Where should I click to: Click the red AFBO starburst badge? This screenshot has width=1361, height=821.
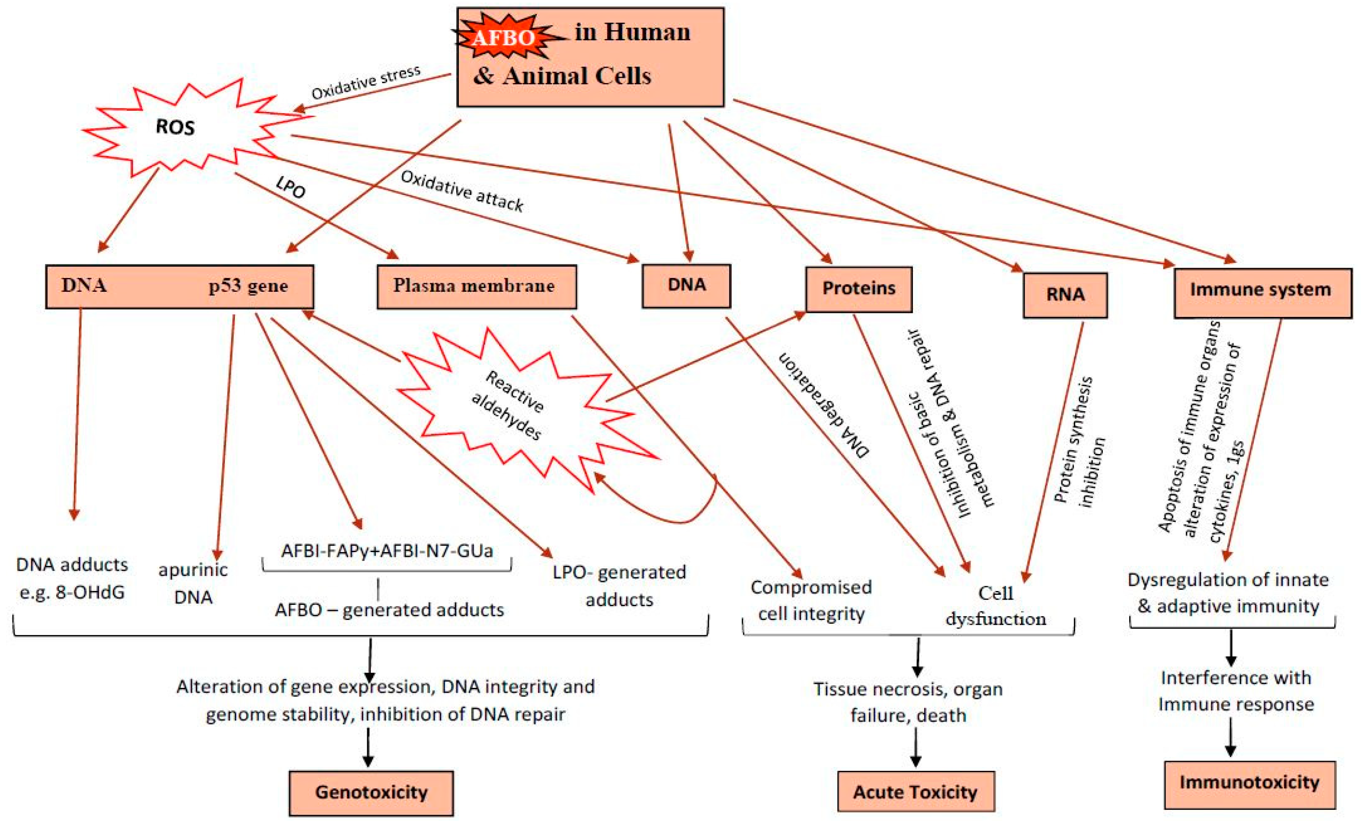(x=503, y=38)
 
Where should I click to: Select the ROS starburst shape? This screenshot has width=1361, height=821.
(x=176, y=128)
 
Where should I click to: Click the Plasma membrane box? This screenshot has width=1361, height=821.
(x=476, y=286)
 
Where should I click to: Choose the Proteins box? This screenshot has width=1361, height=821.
(x=858, y=289)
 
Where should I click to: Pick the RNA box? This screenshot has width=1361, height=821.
(x=1064, y=295)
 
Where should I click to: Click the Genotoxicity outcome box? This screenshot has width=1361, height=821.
(x=371, y=792)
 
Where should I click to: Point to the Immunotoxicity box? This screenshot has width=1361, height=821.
(x=1249, y=783)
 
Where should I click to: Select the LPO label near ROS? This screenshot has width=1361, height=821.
(x=291, y=187)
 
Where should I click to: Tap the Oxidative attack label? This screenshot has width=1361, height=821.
(x=462, y=191)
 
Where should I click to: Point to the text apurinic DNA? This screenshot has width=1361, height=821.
(x=193, y=583)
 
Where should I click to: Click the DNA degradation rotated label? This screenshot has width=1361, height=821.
(x=824, y=404)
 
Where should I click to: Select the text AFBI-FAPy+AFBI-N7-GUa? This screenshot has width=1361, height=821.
(x=387, y=551)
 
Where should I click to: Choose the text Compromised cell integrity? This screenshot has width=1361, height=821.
(x=811, y=600)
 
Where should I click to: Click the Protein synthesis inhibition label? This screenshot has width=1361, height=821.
(x=1080, y=442)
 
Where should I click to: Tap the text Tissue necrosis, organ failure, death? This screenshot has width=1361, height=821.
(x=908, y=702)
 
